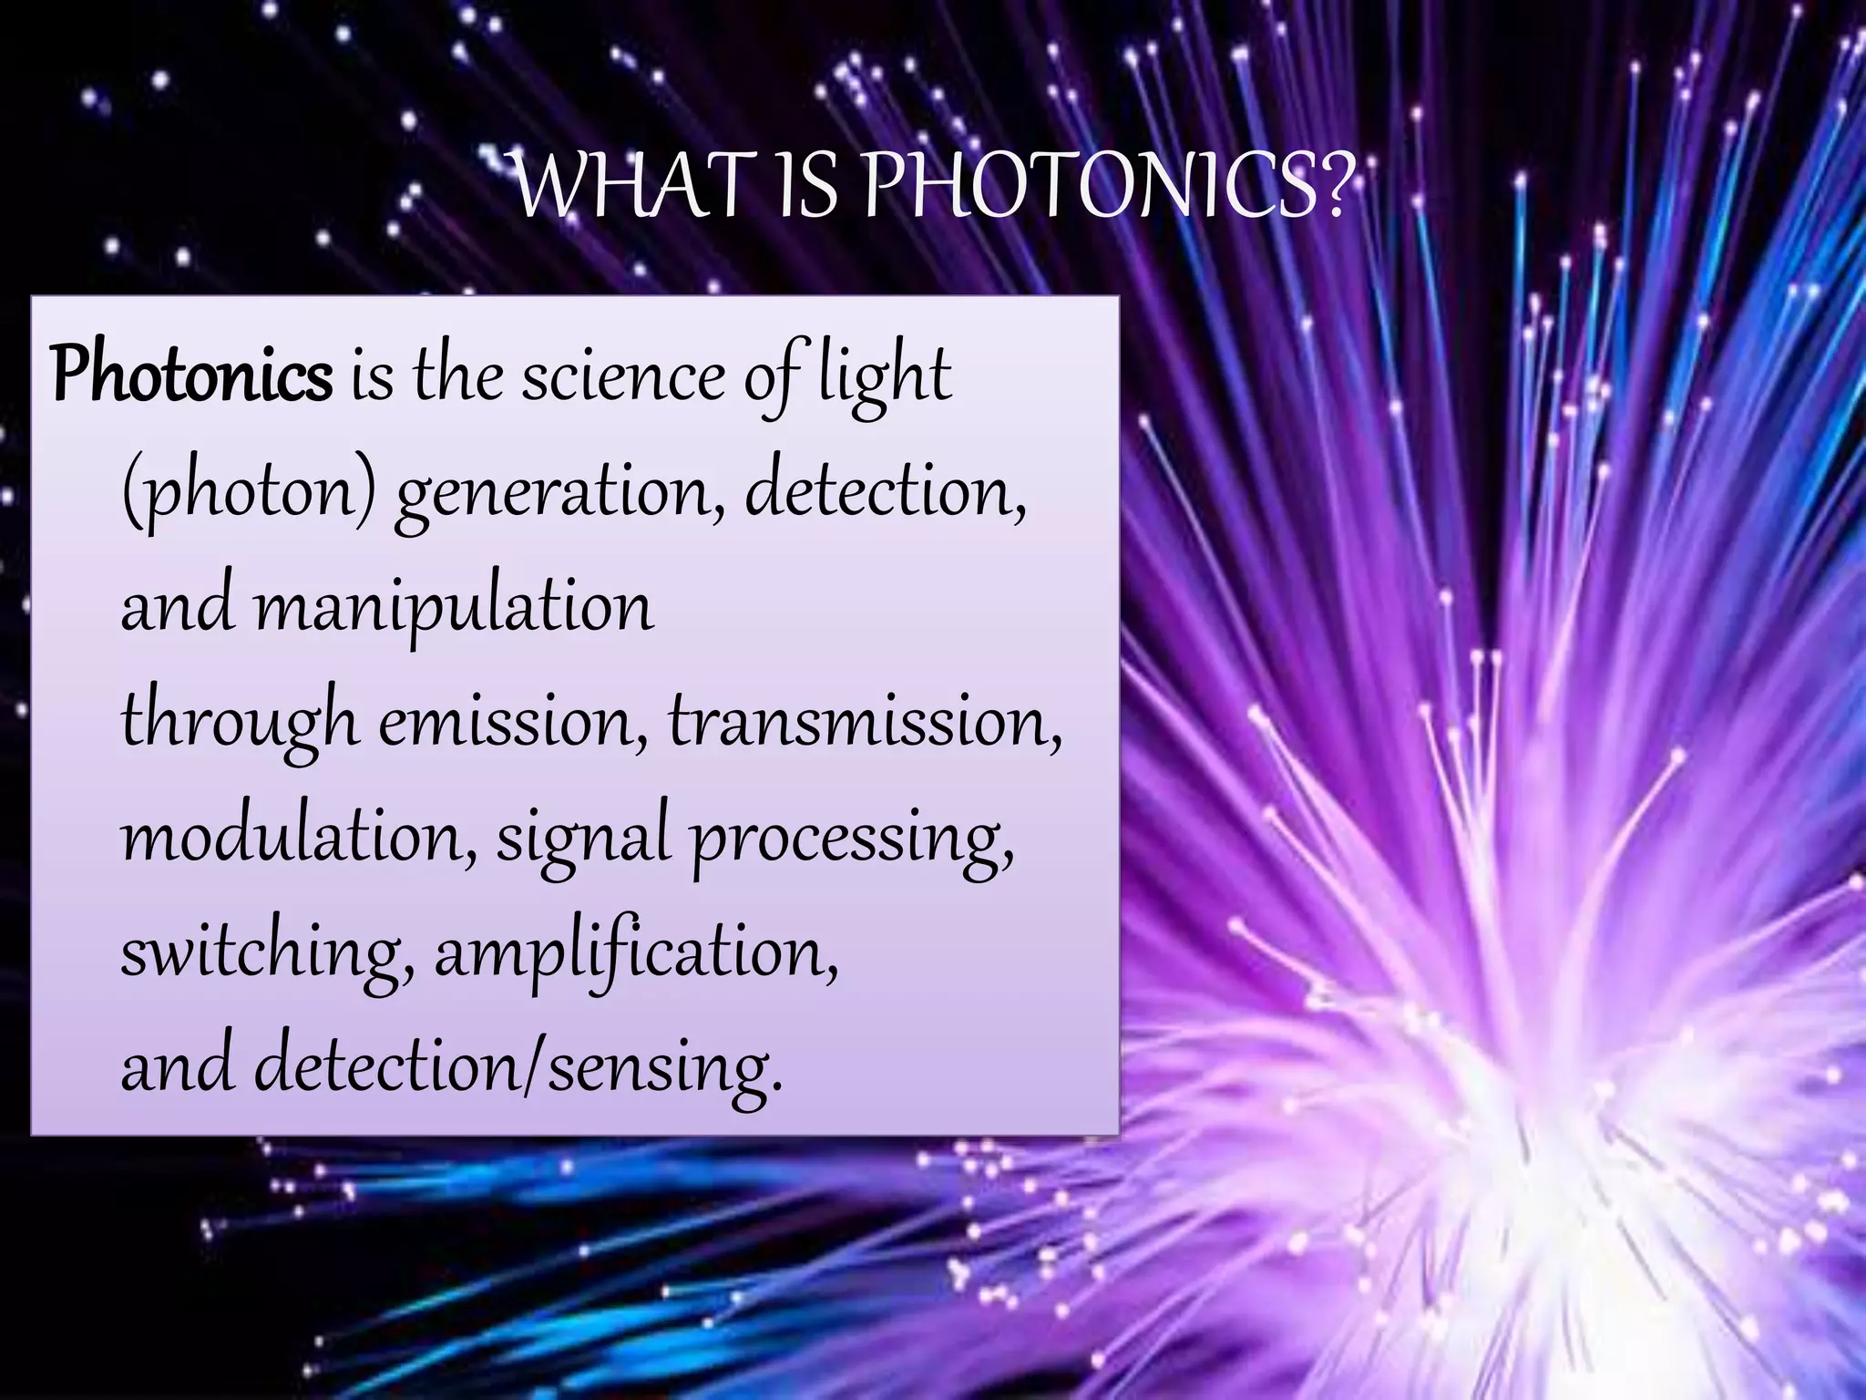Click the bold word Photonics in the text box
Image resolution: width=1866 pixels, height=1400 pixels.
pos(192,376)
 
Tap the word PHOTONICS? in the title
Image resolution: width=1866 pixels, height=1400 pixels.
pos(1104,187)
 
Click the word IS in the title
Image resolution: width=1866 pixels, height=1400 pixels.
pos(805,187)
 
